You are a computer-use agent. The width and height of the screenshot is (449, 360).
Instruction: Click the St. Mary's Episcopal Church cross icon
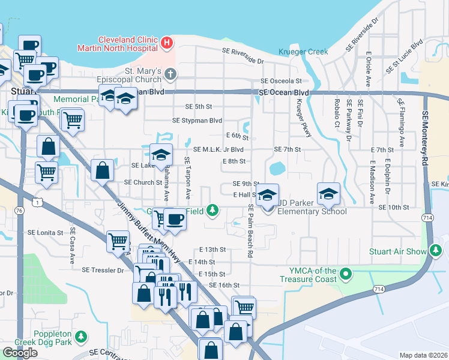(170, 74)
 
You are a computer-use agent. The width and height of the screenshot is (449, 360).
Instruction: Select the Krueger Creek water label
(303, 52)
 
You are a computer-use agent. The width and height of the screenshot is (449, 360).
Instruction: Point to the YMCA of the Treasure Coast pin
(345, 274)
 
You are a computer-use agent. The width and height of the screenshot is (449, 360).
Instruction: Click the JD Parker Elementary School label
(311, 211)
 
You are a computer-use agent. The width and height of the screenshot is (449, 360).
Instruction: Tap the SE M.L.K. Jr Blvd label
(218, 149)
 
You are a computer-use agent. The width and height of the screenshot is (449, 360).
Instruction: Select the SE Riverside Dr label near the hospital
(243, 56)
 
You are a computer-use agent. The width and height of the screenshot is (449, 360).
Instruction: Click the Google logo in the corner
(20, 353)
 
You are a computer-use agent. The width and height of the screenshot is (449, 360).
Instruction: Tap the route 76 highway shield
(19, 211)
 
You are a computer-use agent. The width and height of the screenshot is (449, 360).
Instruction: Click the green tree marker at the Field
(211, 210)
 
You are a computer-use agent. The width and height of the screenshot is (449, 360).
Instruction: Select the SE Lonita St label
(46, 232)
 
